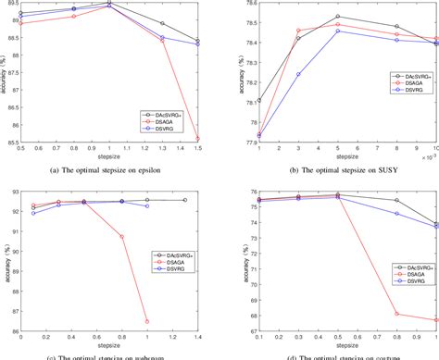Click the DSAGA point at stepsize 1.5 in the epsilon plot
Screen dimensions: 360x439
pyautogui.click(x=198, y=138)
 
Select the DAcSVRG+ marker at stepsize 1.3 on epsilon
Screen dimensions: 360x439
pyautogui.click(x=162, y=23)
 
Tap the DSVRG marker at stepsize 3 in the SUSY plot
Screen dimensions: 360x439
pyautogui.click(x=298, y=74)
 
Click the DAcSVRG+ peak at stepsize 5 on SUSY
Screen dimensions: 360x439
pyautogui.click(x=338, y=17)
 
